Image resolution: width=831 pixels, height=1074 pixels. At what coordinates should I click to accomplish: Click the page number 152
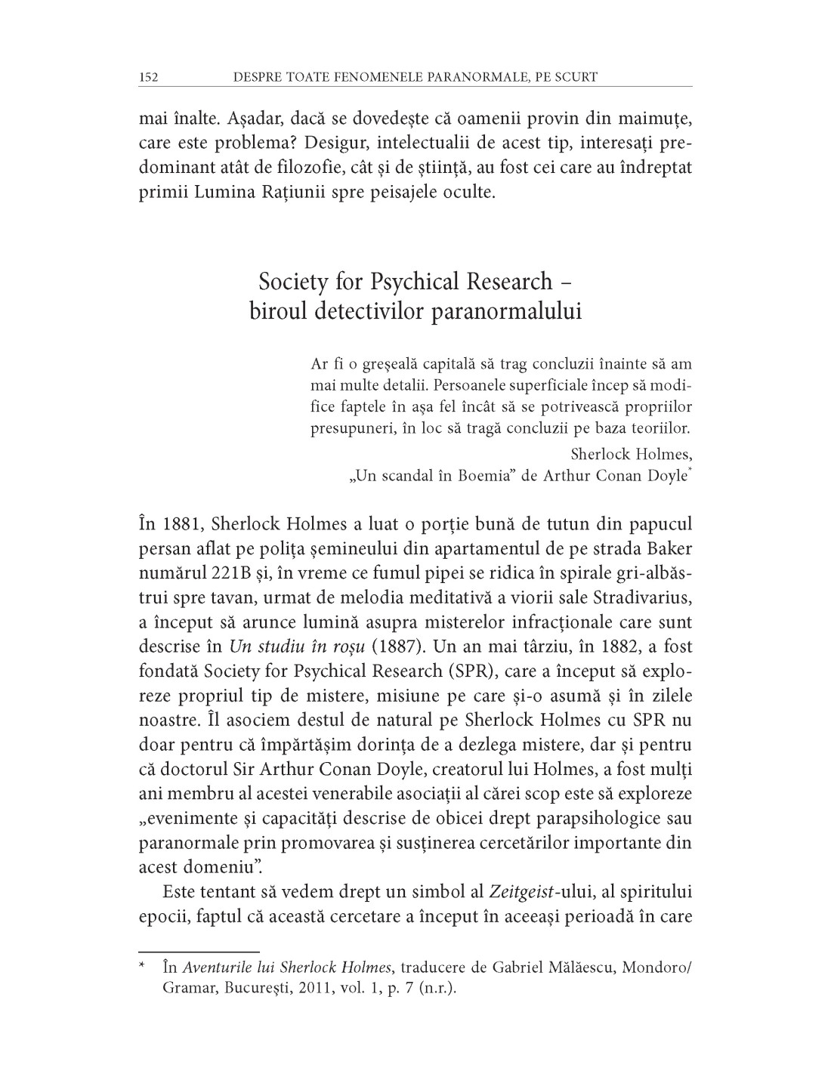[x=148, y=77]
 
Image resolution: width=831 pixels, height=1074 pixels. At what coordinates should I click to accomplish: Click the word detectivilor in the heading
[x=367, y=311]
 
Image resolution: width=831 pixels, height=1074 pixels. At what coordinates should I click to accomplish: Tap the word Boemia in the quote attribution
[x=483, y=476]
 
